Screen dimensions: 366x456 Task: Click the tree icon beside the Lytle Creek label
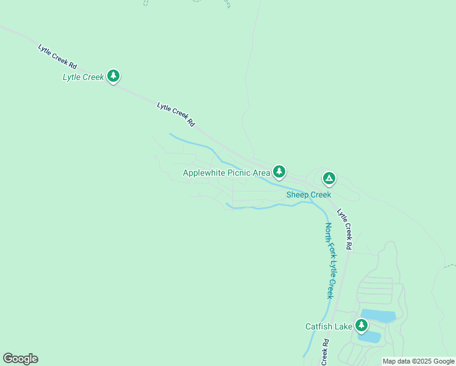click(x=113, y=76)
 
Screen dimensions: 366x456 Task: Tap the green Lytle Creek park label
click(x=84, y=77)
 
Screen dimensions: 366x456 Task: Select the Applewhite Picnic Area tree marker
click(x=279, y=171)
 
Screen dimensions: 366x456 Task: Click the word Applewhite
click(x=204, y=173)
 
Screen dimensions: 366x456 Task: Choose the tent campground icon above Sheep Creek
click(x=329, y=178)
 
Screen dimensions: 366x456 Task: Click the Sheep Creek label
click(x=308, y=195)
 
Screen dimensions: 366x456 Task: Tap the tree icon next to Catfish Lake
click(x=362, y=325)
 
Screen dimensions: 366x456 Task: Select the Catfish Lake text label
click(x=329, y=327)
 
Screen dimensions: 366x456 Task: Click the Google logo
click(x=20, y=359)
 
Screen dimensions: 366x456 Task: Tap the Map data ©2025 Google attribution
click(x=418, y=361)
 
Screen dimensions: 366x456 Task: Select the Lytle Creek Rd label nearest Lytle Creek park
click(x=58, y=56)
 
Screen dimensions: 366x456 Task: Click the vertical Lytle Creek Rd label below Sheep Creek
click(x=345, y=229)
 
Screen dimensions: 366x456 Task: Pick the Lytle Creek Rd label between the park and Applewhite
click(x=176, y=114)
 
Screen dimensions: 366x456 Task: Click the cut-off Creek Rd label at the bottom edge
click(x=325, y=352)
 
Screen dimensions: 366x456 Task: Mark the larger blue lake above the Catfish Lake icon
click(x=378, y=315)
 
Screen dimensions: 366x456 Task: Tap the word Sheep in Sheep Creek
click(x=297, y=195)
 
